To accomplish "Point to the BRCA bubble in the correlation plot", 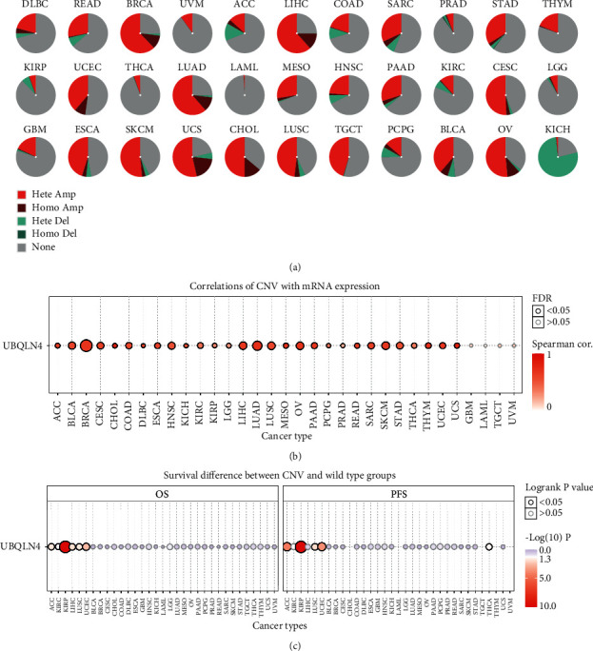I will click(x=86, y=345).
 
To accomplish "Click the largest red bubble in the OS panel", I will click(x=66, y=546).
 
